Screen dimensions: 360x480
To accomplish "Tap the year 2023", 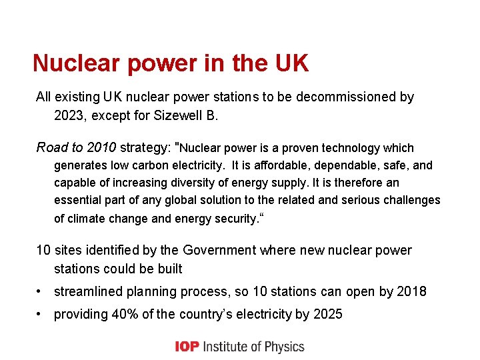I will pyautogui.click(x=69, y=115).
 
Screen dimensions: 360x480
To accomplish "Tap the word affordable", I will pyautogui.click(x=282, y=165).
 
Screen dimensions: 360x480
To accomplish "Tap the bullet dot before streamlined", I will pyautogui.click(x=41, y=292).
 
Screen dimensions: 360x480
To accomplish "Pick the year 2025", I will pyautogui.click(x=327, y=314).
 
